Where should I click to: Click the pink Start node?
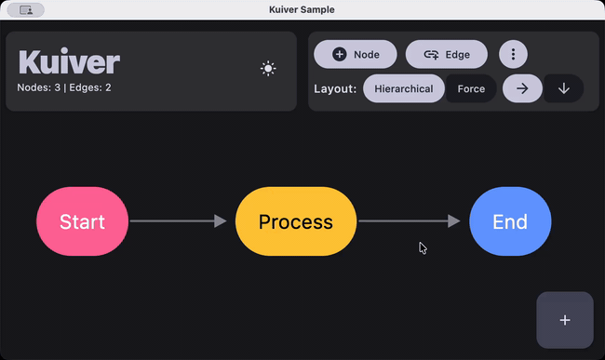[x=82, y=221]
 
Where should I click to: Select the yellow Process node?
[x=295, y=221]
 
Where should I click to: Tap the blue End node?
[x=510, y=221]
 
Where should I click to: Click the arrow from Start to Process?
[x=178, y=221]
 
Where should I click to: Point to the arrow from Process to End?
[x=409, y=221]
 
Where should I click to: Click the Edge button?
[x=446, y=55]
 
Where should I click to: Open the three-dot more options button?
[x=513, y=55]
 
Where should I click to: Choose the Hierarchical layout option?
[x=404, y=89]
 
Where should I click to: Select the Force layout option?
[x=471, y=89]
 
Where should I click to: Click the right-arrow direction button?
[x=523, y=89]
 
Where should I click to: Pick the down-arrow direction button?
[x=563, y=89]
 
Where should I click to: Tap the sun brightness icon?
[x=268, y=68]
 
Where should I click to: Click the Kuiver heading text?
[x=69, y=62]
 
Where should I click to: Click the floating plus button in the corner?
[x=565, y=320]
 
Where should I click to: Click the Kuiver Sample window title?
[x=302, y=9]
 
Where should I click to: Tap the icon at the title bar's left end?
[x=26, y=9]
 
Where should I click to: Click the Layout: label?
[x=335, y=89]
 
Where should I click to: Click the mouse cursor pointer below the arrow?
[x=423, y=247]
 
